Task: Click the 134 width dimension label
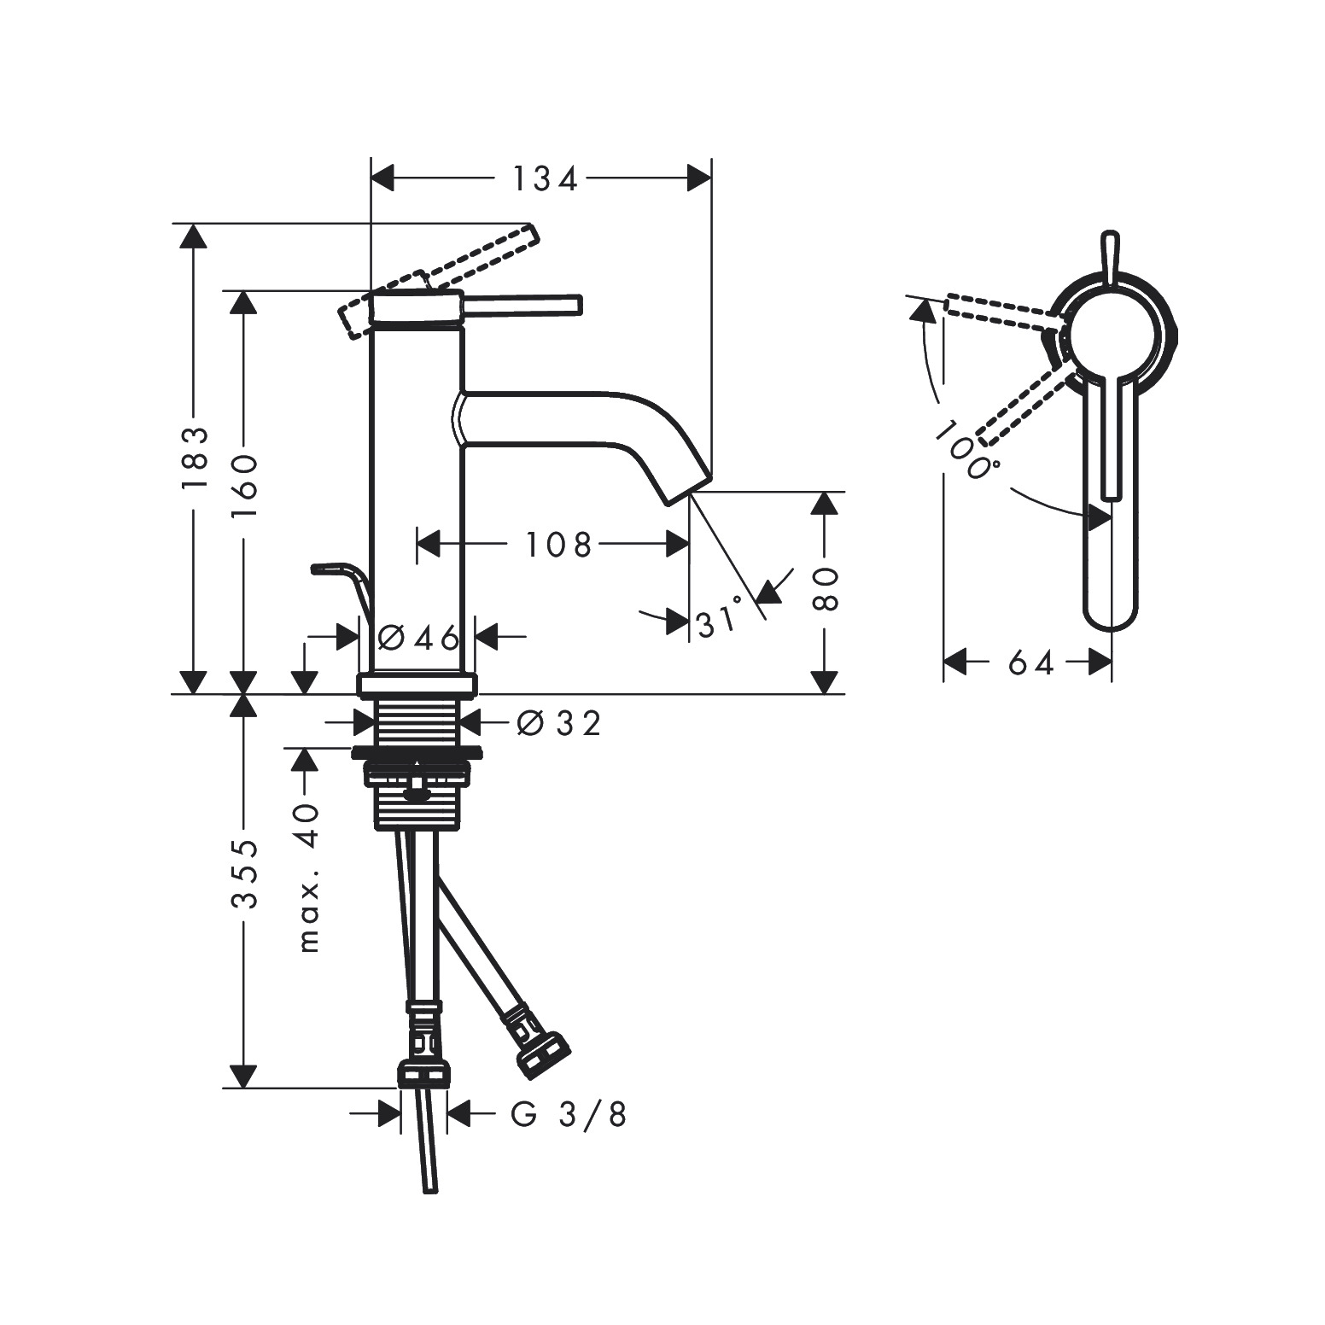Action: pos(545,179)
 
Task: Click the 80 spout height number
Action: pos(825,588)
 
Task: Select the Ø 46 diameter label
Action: pos(417,636)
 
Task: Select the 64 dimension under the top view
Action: pos(1031,662)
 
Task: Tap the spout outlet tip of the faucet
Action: pos(688,497)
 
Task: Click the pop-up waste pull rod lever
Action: pos(341,576)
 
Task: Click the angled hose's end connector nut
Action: pos(542,1051)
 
